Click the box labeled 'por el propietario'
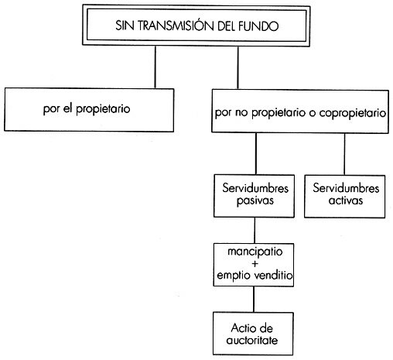[x=89, y=110]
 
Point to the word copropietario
[x=353, y=113]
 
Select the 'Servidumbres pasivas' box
[x=254, y=196]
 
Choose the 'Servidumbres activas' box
[x=345, y=197]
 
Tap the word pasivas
[x=255, y=201]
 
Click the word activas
[x=346, y=201]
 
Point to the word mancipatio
[x=255, y=252]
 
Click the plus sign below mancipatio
[x=255, y=264]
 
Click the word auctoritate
[x=252, y=341]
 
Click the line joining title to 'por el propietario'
[x=155, y=67]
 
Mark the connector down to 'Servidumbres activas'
[x=344, y=154]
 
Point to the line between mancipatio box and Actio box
[x=254, y=300]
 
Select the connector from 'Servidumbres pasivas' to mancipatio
[x=255, y=231]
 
